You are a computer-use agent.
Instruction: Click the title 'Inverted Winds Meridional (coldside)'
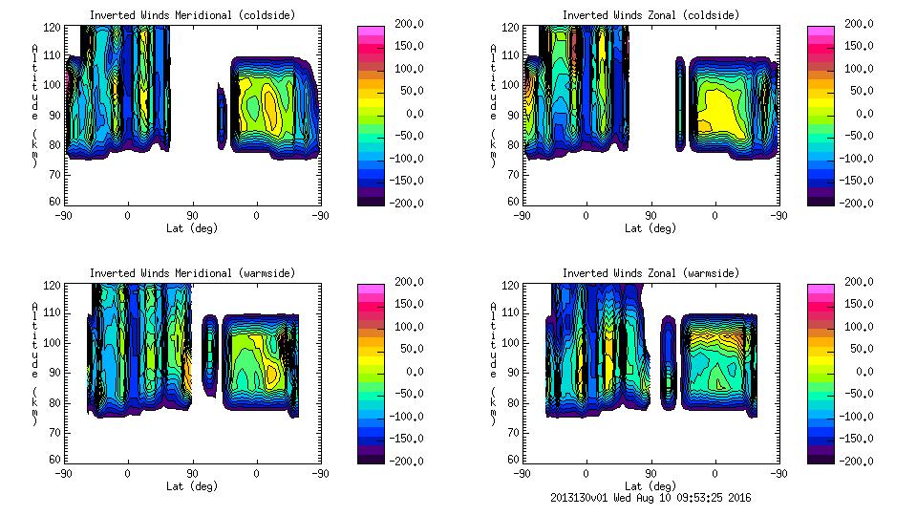tap(192, 15)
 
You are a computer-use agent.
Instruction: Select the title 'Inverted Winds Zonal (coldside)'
tap(650, 15)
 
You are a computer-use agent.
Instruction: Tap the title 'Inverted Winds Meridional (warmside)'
tap(192, 273)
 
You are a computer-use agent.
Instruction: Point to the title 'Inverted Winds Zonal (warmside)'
tap(650, 273)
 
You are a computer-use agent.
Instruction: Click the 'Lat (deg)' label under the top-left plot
tap(192, 228)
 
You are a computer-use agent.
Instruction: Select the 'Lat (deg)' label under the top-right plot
tap(650, 228)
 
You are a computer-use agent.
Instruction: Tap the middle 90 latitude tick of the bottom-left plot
tap(192, 473)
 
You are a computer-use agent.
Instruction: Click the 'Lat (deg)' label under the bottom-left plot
tap(192, 485)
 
